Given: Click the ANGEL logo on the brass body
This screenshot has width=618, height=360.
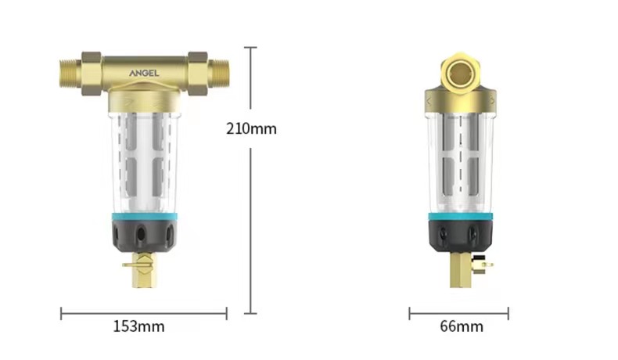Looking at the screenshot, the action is tap(144, 73).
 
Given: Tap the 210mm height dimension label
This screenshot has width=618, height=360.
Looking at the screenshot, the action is tap(251, 129).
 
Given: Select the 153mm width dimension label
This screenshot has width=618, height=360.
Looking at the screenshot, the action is tap(138, 326).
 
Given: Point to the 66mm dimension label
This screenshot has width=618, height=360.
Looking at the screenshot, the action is tap(462, 326).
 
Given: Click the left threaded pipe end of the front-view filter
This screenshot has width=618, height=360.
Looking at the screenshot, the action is tap(70, 74).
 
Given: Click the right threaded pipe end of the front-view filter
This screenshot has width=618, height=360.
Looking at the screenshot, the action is tap(218, 74).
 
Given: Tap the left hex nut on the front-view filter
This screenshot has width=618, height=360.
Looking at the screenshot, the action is tap(92, 74).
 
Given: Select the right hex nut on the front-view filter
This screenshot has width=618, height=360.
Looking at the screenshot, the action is tap(198, 74).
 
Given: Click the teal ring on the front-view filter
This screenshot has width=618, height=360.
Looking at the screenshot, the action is tap(144, 217).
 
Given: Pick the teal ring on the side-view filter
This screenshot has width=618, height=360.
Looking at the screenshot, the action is tap(460, 217).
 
